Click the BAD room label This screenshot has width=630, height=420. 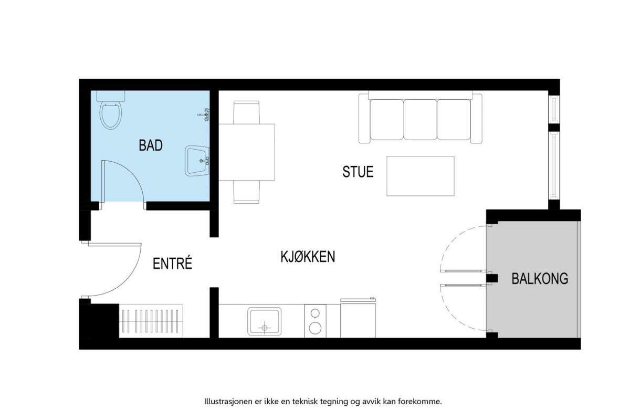click(151, 145)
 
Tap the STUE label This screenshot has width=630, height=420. click(358, 172)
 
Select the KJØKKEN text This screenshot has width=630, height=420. click(308, 257)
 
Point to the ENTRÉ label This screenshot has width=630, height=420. click(172, 263)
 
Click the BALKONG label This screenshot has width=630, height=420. click(540, 278)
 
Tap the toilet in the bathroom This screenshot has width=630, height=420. click(111, 110)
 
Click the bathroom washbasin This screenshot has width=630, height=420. click(197, 161)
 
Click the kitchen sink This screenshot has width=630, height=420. click(265, 321)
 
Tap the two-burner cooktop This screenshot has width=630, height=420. click(315, 321)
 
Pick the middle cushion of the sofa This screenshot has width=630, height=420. click(420, 120)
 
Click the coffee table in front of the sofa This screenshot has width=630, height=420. click(420, 176)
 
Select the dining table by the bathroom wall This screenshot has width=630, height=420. click(247, 152)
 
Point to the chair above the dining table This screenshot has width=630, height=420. click(246, 112)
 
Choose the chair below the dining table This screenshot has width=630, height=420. click(246, 192)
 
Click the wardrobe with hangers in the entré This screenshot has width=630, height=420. click(151, 321)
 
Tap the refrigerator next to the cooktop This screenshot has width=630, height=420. click(358, 318)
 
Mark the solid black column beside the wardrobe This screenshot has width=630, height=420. click(99, 321)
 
